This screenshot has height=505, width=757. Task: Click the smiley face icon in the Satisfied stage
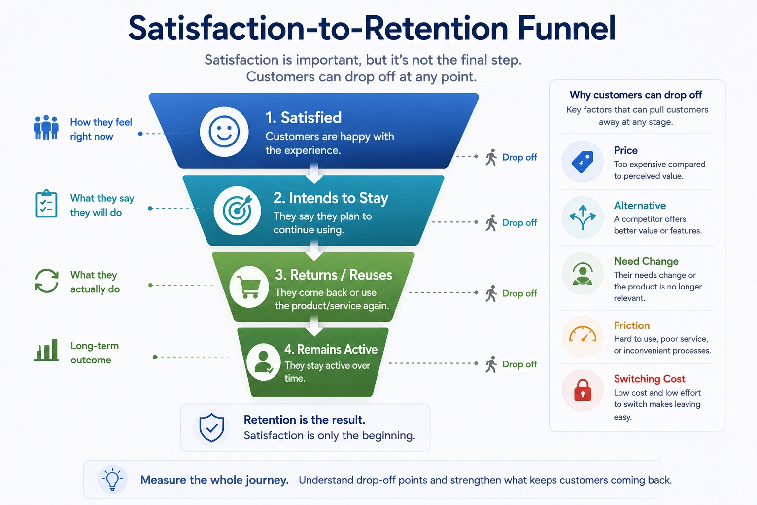coord(224,132)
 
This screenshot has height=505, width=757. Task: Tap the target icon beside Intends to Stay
coord(237,211)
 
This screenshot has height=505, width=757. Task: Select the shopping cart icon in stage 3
coord(249,287)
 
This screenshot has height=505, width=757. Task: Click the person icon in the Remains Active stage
coord(263,362)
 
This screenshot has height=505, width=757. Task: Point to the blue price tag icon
coord(583,162)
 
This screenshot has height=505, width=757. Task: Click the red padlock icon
coord(583,390)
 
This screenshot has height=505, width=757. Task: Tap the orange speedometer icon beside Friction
coord(583,334)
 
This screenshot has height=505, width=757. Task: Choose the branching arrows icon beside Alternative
coord(583,217)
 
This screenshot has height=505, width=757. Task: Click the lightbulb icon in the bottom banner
coord(112,479)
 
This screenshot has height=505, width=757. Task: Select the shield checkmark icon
coord(211,428)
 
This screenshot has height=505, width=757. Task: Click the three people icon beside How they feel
coord(46,128)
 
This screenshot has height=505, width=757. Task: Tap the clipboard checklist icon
coord(46,204)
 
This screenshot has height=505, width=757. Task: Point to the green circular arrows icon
coord(47,281)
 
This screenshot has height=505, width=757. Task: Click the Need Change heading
coord(646,261)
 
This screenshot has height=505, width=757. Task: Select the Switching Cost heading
coord(650,379)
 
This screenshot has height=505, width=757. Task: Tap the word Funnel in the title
coord(566,29)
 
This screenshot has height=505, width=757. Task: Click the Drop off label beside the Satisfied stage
coord(519,157)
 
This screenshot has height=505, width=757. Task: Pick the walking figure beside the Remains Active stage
coord(491,364)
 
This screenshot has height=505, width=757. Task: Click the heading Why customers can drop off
coord(636,95)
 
